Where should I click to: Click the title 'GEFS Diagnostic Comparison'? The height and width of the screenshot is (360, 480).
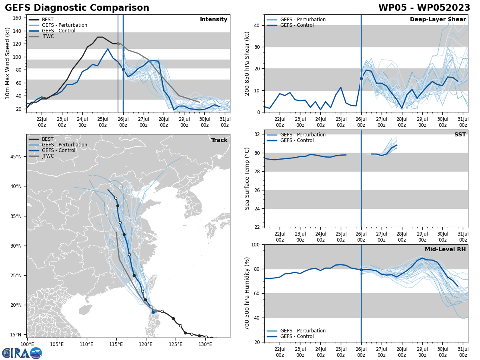[77, 8]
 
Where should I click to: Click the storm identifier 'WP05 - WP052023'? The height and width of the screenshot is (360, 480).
[424, 8]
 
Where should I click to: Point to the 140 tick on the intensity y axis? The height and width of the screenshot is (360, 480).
[18, 31]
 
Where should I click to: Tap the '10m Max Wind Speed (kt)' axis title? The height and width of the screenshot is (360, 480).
[8, 63]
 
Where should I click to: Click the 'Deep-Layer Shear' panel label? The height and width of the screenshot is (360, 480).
[438, 20]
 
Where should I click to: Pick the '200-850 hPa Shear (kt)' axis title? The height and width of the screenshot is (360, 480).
[247, 63]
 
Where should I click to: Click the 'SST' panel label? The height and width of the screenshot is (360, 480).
[460, 135]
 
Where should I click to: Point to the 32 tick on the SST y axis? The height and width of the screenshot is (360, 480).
[258, 134]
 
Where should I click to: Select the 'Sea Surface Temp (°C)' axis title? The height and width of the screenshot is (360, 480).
[247, 178]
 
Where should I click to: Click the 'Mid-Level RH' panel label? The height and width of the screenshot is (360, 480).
[445, 250]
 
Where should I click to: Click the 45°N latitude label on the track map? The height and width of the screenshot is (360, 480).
[16, 156]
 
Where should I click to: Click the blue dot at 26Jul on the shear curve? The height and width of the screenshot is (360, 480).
[361, 79]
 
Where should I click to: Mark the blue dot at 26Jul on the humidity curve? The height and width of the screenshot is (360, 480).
[361, 270]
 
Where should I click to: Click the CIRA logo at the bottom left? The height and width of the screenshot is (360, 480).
[22, 353]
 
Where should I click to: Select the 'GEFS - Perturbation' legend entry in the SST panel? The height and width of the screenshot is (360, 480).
[303, 135]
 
